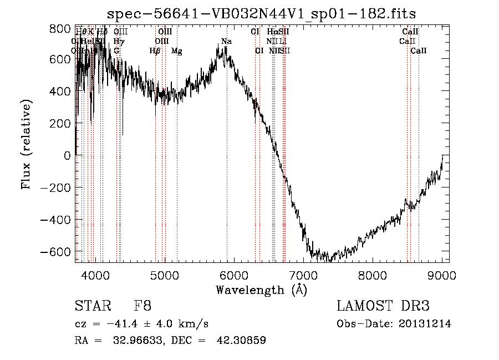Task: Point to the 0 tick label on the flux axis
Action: tap(67, 156)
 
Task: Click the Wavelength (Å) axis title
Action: tap(261, 290)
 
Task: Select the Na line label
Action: tap(226, 42)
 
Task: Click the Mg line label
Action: tap(176, 51)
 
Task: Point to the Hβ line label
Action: tap(155, 51)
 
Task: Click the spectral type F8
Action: tap(142, 306)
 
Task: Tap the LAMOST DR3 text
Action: tap(383, 306)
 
